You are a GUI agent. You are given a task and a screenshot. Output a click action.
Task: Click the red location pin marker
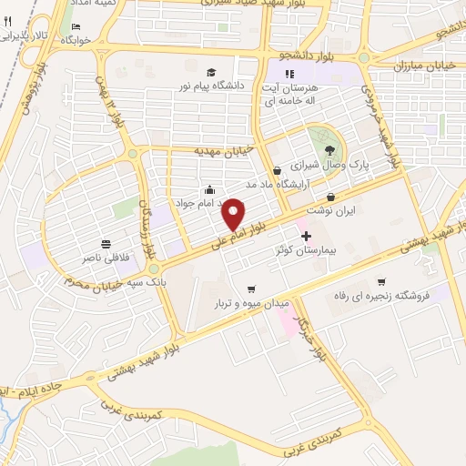click(x=234, y=213)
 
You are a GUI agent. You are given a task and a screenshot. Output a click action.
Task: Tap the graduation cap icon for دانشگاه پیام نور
click(x=211, y=72)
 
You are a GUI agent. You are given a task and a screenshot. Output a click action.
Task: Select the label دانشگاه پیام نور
click(x=211, y=86)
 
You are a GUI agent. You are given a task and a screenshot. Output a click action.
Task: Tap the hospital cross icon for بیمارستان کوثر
click(x=306, y=235)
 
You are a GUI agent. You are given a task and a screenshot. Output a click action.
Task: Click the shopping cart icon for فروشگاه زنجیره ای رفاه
click(x=381, y=280)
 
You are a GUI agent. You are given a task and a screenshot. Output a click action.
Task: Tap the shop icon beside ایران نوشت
click(x=330, y=196)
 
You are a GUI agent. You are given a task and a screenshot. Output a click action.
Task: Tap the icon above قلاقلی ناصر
click(x=107, y=243)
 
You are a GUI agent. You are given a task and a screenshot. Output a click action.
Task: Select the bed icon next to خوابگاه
click(x=76, y=25)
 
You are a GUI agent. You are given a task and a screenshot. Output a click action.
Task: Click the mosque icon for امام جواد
click(x=211, y=189)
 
